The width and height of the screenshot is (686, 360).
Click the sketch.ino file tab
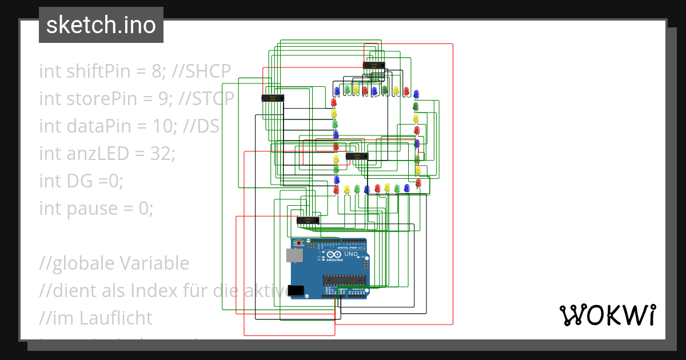click(x=101, y=25)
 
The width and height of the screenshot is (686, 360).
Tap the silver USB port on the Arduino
click(x=294, y=255)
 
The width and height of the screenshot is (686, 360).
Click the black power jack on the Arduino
click(x=296, y=290)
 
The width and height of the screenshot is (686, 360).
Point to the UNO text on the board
click(x=352, y=254)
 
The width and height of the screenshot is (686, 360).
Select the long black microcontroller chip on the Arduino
click(x=344, y=279)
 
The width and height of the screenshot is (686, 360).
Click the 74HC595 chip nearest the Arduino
click(x=308, y=219)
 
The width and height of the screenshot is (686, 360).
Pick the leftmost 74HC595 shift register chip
click(x=273, y=98)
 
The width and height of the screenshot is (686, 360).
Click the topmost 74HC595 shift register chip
click(x=374, y=65)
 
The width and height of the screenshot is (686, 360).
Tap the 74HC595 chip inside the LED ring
click(x=357, y=156)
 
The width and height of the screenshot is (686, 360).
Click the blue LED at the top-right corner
click(x=416, y=93)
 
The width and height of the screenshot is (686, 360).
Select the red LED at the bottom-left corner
click(x=336, y=189)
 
